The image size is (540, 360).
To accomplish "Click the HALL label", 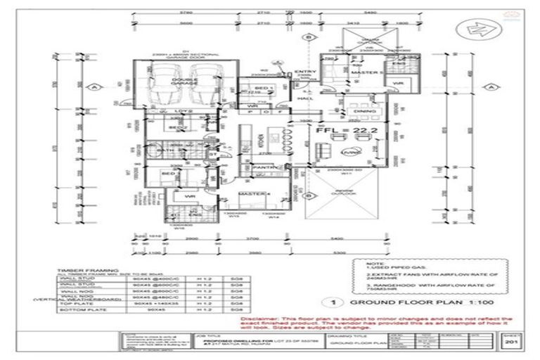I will coord(304,99).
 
